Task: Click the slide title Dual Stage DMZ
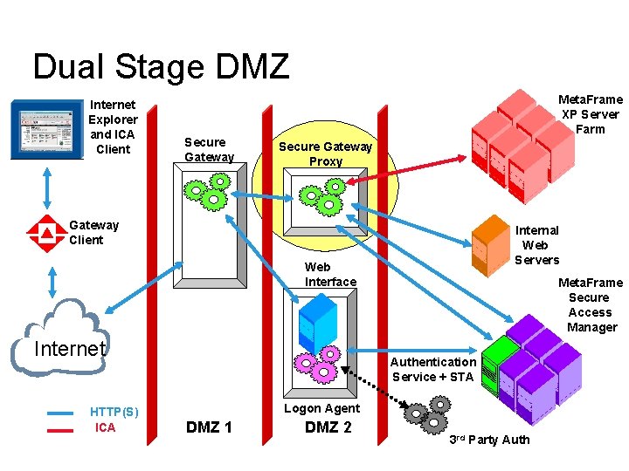(160, 66)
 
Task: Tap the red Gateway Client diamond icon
(42, 232)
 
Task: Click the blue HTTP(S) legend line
(60, 413)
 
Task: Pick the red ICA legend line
(60, 429)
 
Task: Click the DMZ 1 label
(210, 427)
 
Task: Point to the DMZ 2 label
(328, 427)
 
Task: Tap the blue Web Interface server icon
(317, 319)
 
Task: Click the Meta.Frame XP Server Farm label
(591, 114)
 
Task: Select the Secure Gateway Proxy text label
(325, 154)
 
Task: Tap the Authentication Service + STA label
(432, 369)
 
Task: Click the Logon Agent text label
(321, 408)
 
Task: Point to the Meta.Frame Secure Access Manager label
(591, 304)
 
